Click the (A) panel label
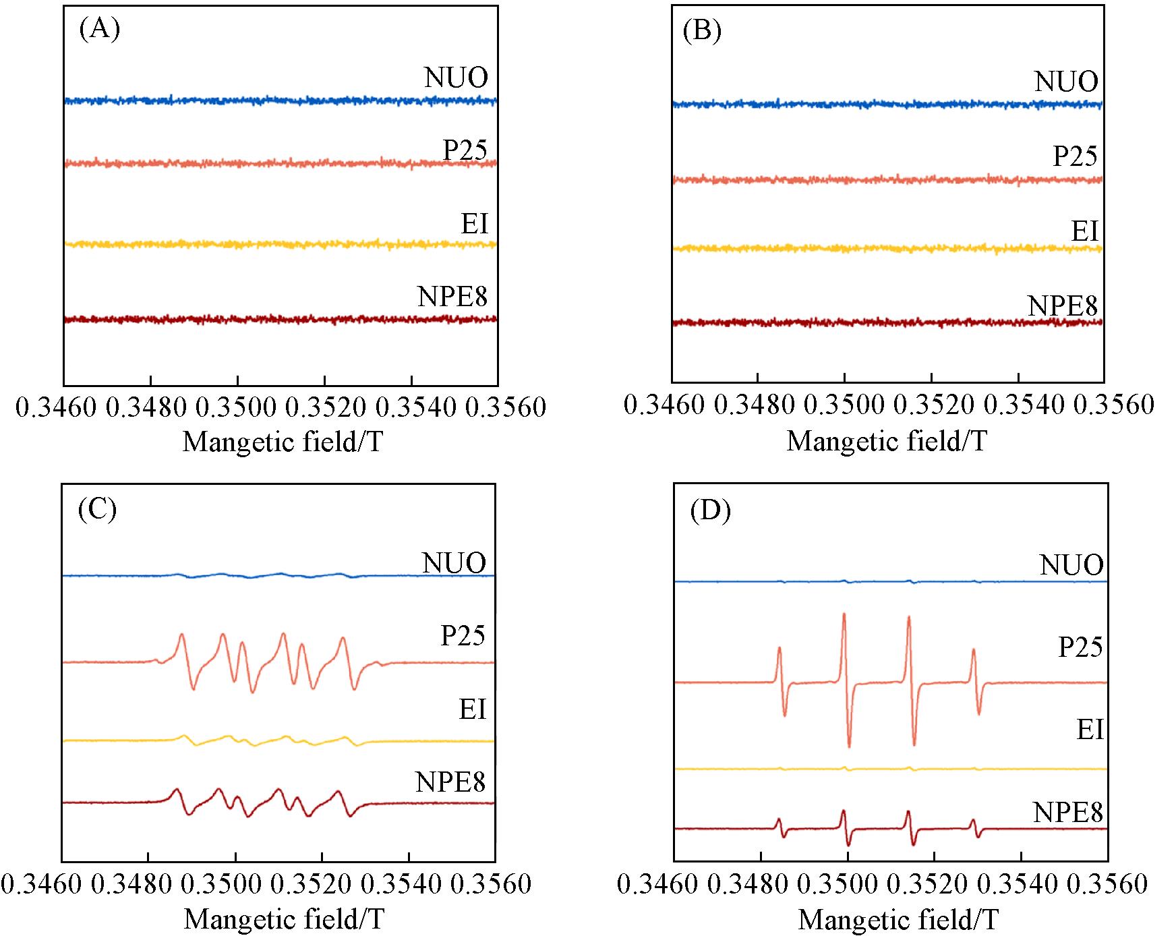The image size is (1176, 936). (99, 30)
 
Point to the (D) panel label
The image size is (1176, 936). (711, 512)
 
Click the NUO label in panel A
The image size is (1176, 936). (456, 78)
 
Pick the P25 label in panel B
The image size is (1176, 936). (1075, 156)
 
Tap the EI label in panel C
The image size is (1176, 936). (472, 709)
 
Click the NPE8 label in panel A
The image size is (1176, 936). (452, 297)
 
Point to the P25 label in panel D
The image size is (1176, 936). (1080, 647)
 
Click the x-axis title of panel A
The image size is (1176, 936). (283, 442)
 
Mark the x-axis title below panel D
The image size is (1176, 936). (898, 919)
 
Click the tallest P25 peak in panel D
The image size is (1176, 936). (844, 616)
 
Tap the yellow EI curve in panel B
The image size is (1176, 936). (877, 249)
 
